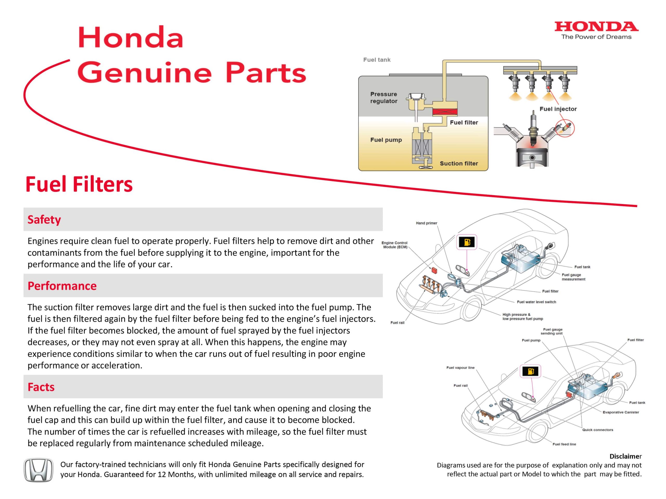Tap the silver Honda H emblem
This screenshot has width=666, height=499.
[x=38, y=470]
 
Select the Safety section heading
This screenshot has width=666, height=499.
[x=44, y=220]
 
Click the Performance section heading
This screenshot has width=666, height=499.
[x=62, y=286]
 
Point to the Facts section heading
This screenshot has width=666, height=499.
[x=41, y=387]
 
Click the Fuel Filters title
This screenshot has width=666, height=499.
[x=79, y=184]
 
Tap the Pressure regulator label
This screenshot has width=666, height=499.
[x=383, y=97]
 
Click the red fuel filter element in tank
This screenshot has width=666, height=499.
[x=445, y=112]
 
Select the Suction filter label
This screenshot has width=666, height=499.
[x=459, y=163]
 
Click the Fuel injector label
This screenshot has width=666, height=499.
[x=558, y=109]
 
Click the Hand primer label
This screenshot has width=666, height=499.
[x=426, y=223]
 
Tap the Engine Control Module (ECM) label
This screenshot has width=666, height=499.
[x=394, y=245]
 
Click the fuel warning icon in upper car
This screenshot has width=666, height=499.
[x=467, y=242]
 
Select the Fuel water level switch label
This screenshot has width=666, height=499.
[x=536, y=302]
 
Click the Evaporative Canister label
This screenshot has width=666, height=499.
[x=620, y=412]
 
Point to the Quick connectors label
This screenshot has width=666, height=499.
[x=597, y=430]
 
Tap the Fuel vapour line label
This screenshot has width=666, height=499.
[x=460, y=367]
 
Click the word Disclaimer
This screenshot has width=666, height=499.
[x=625, y=456]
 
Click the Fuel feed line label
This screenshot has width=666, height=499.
[x=564, y=444]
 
